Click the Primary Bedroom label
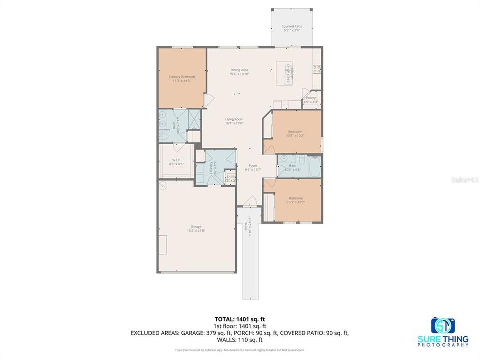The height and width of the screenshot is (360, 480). click(182, 77)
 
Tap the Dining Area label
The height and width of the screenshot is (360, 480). click(239, 70)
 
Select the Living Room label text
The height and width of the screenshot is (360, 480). click(234, 119)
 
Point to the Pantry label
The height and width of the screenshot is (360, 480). click(311, 98)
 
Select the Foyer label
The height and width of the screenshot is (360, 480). click(253, 166)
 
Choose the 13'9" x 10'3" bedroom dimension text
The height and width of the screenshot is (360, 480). click(295, 135)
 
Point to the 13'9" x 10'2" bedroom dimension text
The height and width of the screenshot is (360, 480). click(295, 202)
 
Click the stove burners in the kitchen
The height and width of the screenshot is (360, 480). click(316, 69)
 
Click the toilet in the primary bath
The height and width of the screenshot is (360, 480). click(165, 136)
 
